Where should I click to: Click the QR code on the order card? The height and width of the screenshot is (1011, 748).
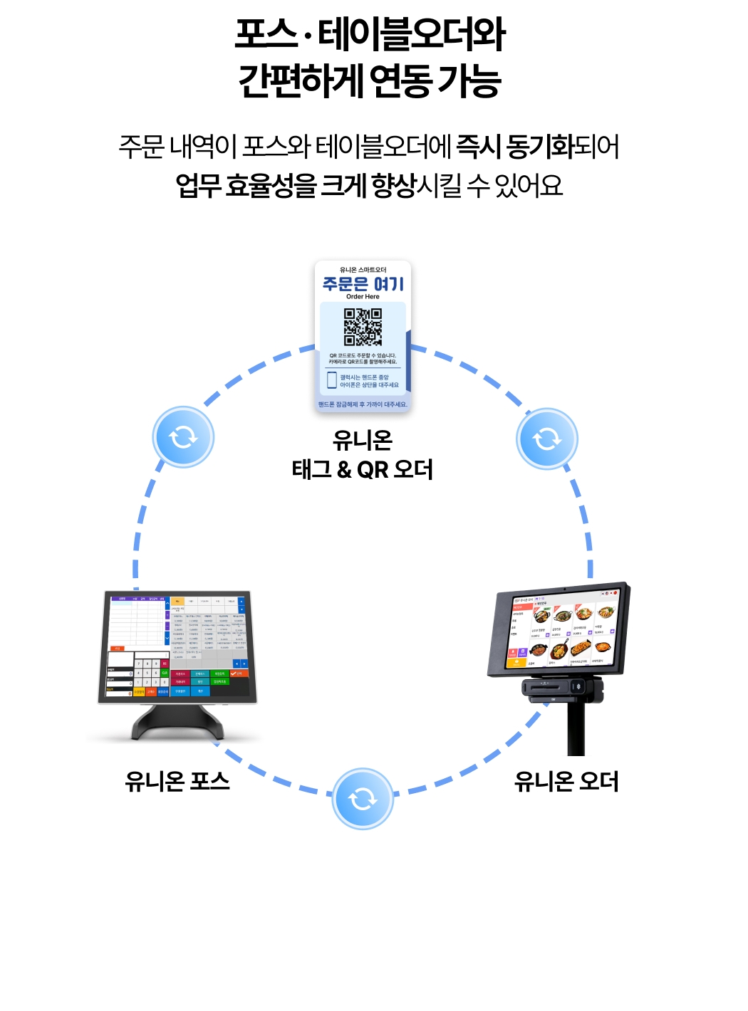pos(363,327)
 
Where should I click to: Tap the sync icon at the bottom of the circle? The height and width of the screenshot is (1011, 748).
pos(363,798)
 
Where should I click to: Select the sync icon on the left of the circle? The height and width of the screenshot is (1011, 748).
pos(183,436)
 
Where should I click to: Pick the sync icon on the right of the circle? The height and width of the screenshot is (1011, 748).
pos(546,439)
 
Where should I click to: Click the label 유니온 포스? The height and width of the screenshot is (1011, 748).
pos(177,781)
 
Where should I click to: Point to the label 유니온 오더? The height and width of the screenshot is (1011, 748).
pos(566,781)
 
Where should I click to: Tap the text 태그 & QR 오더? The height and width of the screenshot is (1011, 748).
pos(363,470)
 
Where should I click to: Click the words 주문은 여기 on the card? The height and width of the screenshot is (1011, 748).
pos(363,284)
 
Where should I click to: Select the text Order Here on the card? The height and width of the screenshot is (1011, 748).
pos(363,297)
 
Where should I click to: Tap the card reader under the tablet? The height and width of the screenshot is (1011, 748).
pos(562,688)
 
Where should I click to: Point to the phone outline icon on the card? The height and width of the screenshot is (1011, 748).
pos(331,380)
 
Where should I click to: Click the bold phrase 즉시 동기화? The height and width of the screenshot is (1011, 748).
pos(515,147)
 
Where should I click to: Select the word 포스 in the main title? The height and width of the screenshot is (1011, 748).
pos(266,34)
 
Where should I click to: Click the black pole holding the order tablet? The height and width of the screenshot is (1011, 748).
pos(576,730)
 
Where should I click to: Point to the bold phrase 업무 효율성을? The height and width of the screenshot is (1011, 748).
pos(246,186)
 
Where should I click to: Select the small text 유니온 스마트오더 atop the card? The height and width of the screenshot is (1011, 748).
pos(363,270)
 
